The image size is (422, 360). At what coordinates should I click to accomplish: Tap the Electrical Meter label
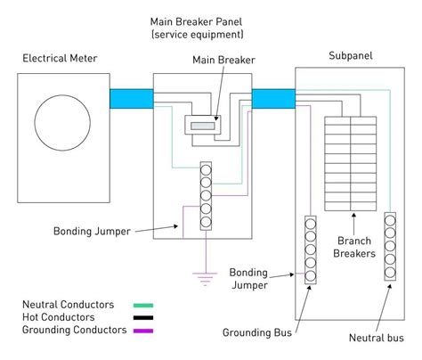60,58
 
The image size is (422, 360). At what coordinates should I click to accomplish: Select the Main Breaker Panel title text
197,29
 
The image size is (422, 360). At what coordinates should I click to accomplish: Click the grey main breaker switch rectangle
202,126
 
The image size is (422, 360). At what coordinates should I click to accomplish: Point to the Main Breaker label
223,60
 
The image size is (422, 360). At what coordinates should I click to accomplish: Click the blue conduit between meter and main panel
132,99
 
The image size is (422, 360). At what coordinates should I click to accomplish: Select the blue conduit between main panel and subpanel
273,99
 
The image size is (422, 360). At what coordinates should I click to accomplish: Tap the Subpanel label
351,56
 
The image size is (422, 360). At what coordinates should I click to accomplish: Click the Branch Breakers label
354,247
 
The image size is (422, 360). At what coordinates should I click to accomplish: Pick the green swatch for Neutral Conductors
143,305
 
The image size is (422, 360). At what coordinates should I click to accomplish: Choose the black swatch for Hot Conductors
143,318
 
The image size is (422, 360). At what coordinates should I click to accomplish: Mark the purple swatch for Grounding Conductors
143,331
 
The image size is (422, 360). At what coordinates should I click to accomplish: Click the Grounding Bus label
257,332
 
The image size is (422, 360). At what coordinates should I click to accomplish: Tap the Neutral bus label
377,338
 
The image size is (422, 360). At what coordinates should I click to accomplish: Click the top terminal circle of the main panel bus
206,170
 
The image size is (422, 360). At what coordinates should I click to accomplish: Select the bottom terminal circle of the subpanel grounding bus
311,275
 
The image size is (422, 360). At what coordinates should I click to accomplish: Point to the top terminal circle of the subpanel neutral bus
390,220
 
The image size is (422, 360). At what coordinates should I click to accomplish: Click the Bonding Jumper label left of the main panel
92,232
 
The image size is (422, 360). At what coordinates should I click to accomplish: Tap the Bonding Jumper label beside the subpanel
248,279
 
